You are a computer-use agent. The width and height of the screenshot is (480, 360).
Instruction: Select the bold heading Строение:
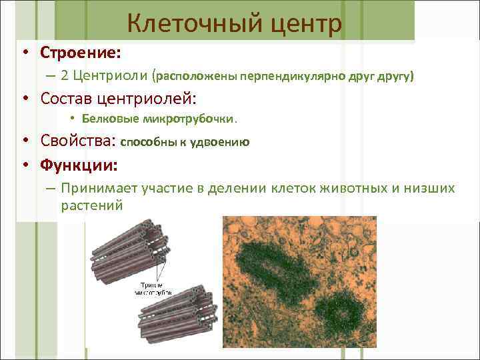80,52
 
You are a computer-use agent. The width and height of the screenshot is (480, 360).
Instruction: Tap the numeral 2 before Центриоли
64,76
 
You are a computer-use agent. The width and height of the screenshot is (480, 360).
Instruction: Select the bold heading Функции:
79,164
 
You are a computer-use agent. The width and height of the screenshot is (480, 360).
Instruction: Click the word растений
91,205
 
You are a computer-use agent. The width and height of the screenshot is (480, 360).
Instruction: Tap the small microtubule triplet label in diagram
154,288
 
